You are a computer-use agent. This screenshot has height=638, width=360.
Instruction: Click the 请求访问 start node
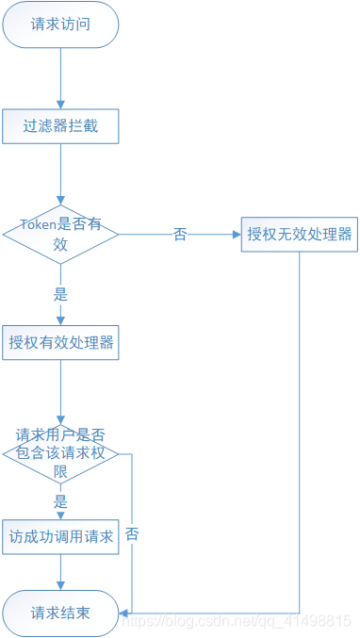click(60, 25)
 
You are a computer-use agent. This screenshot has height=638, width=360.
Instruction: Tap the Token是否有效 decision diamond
click(60, 234)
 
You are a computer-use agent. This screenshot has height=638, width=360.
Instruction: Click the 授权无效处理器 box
click(300, 234)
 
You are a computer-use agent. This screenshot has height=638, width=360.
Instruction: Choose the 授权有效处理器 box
click(60, 342)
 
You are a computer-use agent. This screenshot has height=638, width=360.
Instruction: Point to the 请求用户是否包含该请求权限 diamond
click(60, 453)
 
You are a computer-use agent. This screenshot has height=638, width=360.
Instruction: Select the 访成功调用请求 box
click(60, 537)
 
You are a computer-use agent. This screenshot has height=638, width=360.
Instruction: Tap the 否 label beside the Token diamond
click(179, 235)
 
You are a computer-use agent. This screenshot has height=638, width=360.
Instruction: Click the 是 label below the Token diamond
click(60, 292)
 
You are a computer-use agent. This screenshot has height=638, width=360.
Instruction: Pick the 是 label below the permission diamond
click(60, 500)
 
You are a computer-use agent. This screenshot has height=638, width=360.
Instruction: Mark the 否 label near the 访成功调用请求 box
click(132, 533)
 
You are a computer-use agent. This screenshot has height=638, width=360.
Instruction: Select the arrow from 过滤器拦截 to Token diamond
click(60, 173)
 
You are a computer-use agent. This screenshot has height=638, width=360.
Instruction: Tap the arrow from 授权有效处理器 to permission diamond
click(60, 391)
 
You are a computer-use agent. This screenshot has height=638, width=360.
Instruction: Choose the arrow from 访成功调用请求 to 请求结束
click(60, 573)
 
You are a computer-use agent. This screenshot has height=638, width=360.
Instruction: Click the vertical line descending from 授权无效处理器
click(300, 424)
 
